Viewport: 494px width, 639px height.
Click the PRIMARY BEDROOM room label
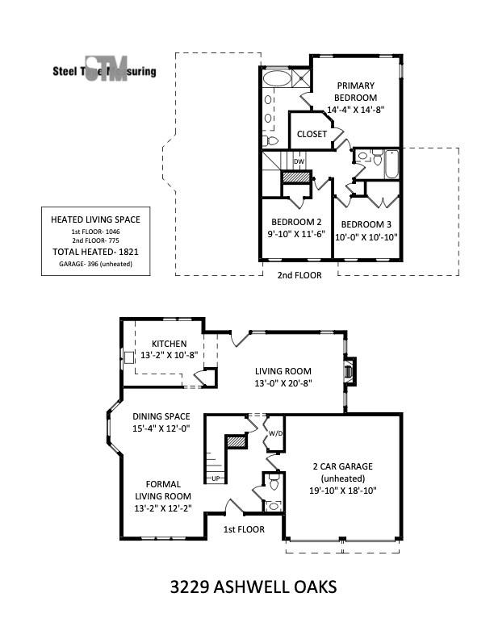(356, 91)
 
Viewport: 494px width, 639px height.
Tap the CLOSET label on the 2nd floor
(312, 134)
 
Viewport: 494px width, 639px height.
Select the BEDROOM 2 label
(296, 223)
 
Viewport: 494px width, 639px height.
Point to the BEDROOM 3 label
(366, 223)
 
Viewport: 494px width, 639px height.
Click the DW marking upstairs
(299, 161)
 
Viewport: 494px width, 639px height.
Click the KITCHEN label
(168, 344)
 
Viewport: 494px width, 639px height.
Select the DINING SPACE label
(161, 416)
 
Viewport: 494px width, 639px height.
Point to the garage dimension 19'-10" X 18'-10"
(342, 490)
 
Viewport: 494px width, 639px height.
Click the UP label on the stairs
(216, 478)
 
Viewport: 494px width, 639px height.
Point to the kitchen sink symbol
(129, 356)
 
